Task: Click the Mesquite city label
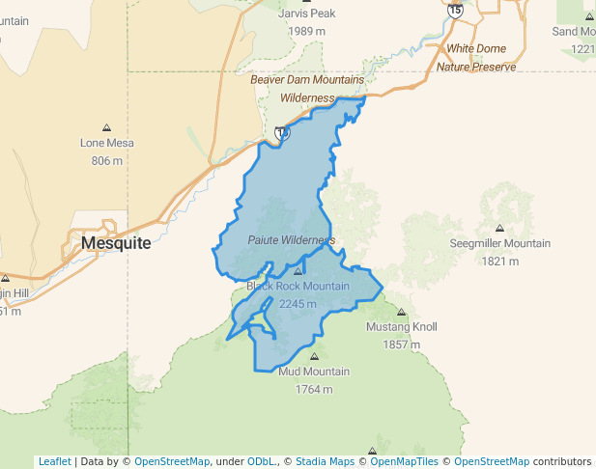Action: pyautogui.click(x=116, y=243)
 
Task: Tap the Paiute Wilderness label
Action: pyautogui.click(x=291, y=239)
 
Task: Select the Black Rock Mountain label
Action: pyautogui.click(x=298, y=287)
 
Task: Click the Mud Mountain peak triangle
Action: pyautogui.click(x=314, y=355)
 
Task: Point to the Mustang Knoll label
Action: pyautogui.click(x=402, y=327)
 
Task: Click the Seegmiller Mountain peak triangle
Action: pyautogui.click(x=499, y=228)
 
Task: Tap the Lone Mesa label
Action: pyautogui.click(x=106, y=143)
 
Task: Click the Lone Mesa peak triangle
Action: pyautogui.click(x=106, y=127)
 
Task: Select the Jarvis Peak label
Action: pyautogui.click(x=306, y=14)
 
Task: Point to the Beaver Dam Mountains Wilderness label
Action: pyautogui.click(x=307, y=89)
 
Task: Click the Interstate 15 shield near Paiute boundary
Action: pyautogui.click(x=281, y=133)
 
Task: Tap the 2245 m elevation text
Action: pyautogui.click(x=298, y=304)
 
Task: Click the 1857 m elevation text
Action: pyautogui.click(x=402, y=345)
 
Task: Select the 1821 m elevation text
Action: pyautogui.click(x=499, y=261)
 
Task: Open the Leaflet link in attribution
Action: pyautogui.click(x=54, y=461)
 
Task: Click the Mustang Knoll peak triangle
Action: pyautogui.click(x=402, y=312)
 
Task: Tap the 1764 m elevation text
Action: pyautogui.click(x=314, y=389)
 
